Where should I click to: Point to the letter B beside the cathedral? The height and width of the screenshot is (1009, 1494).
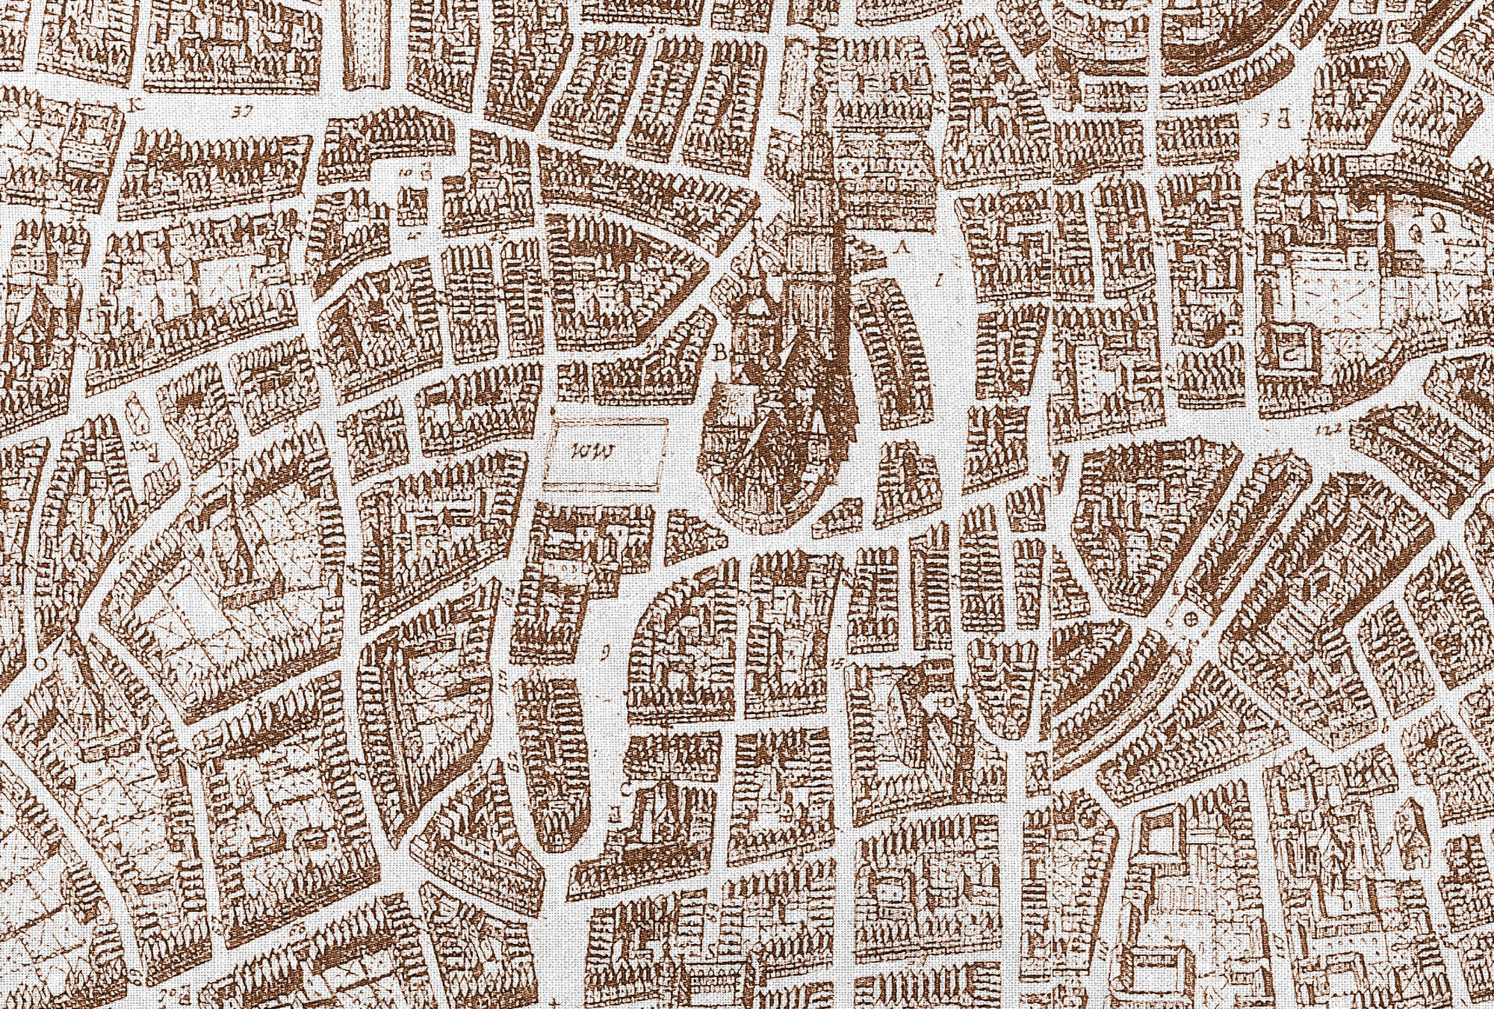tap(722, 354)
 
